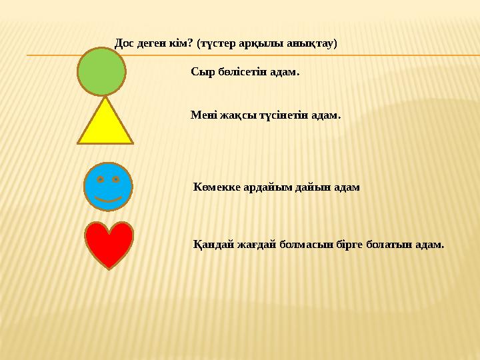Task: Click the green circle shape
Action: click(x=101, y=71)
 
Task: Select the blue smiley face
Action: click(x=108, y=187)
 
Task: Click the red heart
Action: click(x=110, y=243)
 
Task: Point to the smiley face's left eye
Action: click(x=100, y=180)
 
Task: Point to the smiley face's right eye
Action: click(x=116, y=180)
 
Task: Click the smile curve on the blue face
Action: click(x=108, y=198)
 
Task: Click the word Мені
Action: click(x=203, y=115)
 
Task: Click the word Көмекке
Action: click(x=215, y=187)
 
